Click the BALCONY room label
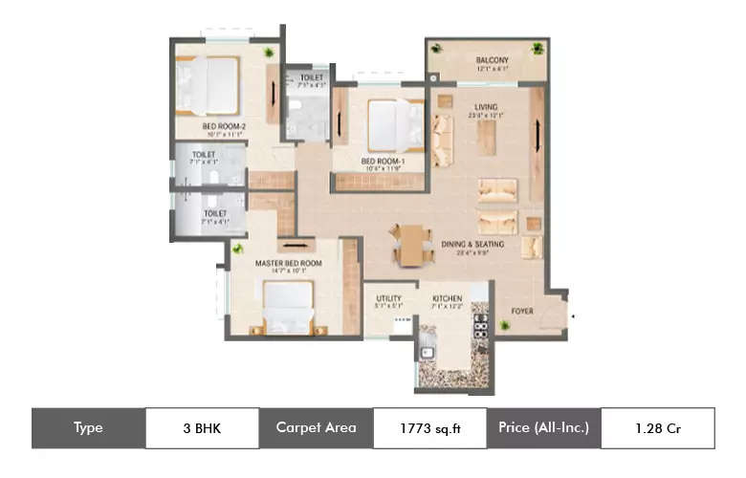tap(488, 60)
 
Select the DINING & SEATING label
tap(472, 244)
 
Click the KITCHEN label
tap(447, 298)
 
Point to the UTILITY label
tap(388, 298)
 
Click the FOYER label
tap(521, 311)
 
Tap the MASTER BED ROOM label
tap(288, 262)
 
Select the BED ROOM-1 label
tap(382, 161)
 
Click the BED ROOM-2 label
tap(222, 124)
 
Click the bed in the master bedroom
tap(288, 308)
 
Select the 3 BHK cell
tap(201, 428)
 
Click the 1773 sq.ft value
tap(429, 428)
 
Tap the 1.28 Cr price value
tap(657, 428)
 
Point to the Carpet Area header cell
tap(316, 428)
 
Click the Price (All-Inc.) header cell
tap(543, 428)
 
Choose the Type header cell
tap(88, 428)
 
